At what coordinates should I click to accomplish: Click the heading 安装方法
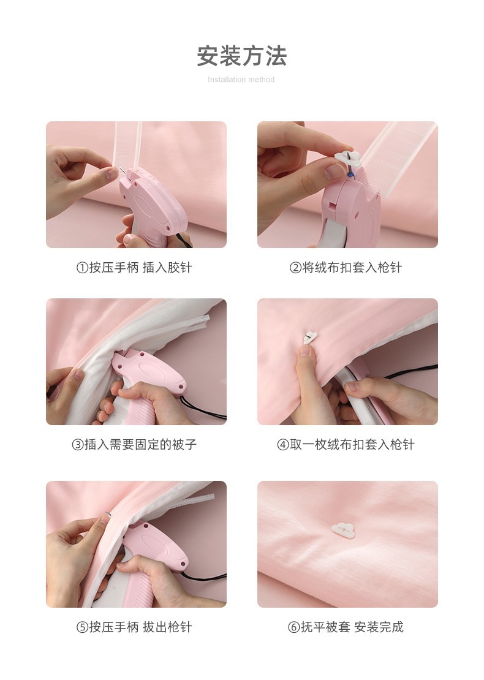coord(241,56)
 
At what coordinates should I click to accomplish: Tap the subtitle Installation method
coord(241,80)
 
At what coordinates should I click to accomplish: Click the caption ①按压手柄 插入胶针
coord(134,268)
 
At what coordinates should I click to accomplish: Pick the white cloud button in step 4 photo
coord(311,338)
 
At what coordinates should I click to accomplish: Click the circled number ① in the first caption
coord(81,268)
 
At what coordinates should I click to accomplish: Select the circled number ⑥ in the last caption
coord(293,627)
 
